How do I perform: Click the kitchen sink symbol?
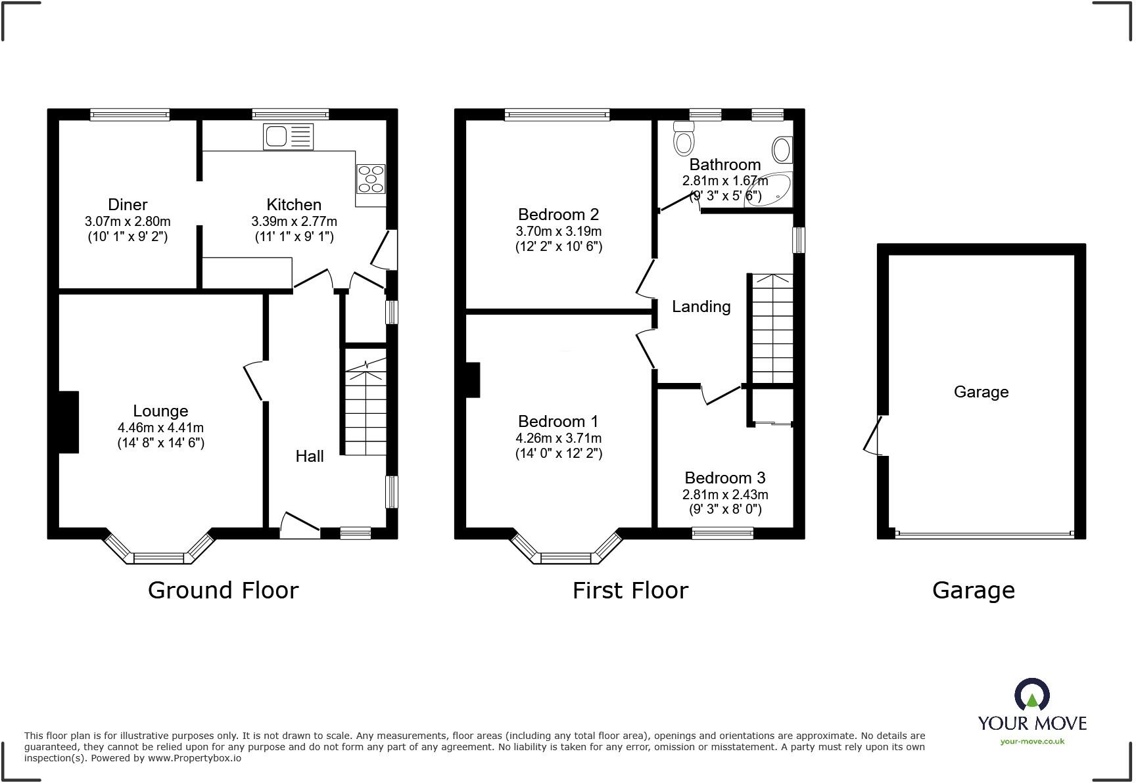[x=288, y=137]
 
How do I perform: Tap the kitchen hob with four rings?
[x=371, y=179]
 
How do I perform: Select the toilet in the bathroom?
[x=684, y=137]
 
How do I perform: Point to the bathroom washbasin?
[x=782, y=150]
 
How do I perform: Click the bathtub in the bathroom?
[x=769, y=190]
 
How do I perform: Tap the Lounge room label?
[x=160, y=411]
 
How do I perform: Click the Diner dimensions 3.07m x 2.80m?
[x=128, y=221]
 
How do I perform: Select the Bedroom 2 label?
[x=558, y=214]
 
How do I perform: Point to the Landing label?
[x=701, y=307]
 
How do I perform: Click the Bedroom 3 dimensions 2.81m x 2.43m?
[x=725, y=495]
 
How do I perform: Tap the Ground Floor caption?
[x=223, y=590]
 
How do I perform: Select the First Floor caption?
[x=630, y=590]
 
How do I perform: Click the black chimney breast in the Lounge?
[x=68, y=422]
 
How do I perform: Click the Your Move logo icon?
[x=1031, y=695]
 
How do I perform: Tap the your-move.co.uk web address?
[x=1032, y=742]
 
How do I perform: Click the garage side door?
[x=874, y=436]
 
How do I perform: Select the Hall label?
[x=309, y=456]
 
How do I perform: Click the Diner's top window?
[x=130, y=115]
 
